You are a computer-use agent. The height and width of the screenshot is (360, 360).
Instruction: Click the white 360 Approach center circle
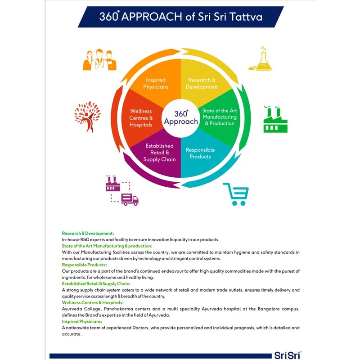pos(181,118)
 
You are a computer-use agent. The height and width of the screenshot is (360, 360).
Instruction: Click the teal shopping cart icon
pos(237,194)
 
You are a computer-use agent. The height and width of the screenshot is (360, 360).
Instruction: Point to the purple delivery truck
pos(130,199)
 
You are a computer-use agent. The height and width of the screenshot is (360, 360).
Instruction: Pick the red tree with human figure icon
pos(87,117)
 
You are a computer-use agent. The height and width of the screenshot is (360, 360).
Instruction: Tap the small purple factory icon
pos(113,184)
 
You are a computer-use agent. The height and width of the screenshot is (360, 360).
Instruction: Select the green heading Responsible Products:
pos(85,265)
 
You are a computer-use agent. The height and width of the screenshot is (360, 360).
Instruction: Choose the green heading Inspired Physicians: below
pos(82,321)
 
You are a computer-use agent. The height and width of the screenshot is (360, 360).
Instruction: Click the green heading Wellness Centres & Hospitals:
pos(93,302)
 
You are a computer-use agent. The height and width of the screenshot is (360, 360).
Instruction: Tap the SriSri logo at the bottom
pos(288,355)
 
